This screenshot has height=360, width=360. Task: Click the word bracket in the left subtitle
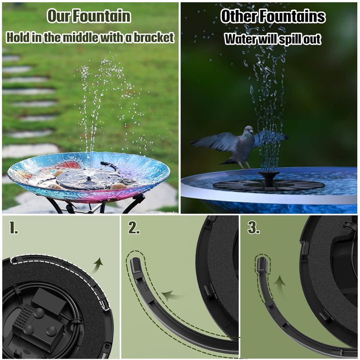point(154,37)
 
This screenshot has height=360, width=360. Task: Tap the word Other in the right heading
point(239,16)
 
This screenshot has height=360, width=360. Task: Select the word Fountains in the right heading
point(292,16)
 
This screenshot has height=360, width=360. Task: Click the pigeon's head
point(249,130)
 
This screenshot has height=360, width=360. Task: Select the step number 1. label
point(13,228)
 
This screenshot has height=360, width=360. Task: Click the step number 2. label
point(134,228)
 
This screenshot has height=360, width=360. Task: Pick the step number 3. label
point(254,228)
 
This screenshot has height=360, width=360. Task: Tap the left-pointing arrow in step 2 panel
point(173,296)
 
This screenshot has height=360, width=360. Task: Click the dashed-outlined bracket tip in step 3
point(263,264)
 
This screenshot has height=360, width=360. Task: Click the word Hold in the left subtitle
point(18,37)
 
